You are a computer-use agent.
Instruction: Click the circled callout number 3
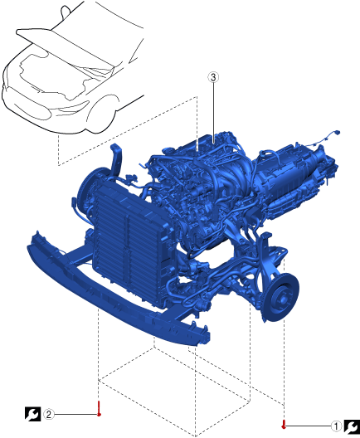click(x=213, y=77)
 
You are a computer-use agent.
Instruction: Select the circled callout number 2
click(x=49, y=414)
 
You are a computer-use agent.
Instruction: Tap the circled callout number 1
click(x=336, y=426)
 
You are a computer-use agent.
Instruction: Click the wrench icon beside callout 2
click(x=33, y=414)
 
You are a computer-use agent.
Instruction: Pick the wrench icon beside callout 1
click(x=352, y=426)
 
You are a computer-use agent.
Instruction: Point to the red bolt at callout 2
click(x=99, y=408)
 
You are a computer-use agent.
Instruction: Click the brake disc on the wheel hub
click(x=281, y=298)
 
